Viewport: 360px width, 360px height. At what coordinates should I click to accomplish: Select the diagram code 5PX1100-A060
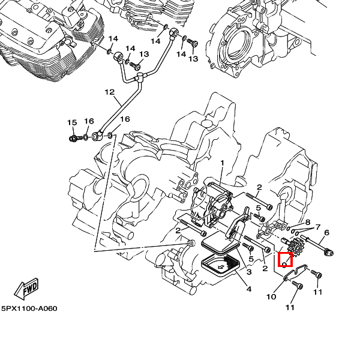[29, 308]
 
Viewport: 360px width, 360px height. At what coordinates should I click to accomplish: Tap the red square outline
[286, 260]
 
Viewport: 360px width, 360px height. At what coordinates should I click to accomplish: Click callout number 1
[221, 163]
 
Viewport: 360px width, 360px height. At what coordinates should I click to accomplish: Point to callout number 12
[109, 92]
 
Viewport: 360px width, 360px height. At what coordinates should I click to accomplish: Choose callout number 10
[271, 296]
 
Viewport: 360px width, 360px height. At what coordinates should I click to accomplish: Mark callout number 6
[326, 233]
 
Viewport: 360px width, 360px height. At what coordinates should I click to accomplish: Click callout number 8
[307, 222]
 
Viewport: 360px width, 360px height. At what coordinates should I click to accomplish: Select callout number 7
[317, 227]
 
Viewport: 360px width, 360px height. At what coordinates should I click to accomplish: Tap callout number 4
[248, 289]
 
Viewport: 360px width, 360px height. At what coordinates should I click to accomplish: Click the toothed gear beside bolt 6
[295, 246]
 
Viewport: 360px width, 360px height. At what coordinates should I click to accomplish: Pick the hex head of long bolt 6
[328, 253]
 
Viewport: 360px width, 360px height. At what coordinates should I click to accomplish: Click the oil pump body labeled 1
[210, 201]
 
